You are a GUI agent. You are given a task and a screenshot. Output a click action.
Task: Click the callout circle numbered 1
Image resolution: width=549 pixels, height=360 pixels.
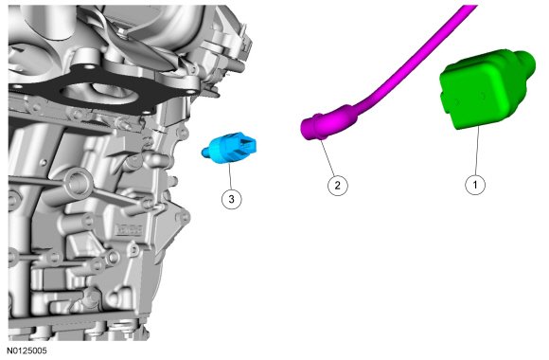(x=475, y=185)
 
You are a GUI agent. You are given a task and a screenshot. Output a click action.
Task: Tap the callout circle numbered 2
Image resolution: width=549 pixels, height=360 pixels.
(x=338, y=185)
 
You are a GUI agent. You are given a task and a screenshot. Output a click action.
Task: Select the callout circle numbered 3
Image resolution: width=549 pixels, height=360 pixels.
(x=232, y=199)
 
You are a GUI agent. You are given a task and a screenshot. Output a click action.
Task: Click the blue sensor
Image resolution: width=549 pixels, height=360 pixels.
(x=229, y=148)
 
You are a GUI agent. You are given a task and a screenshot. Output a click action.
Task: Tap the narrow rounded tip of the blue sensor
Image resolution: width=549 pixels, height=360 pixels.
(x=205, y=153)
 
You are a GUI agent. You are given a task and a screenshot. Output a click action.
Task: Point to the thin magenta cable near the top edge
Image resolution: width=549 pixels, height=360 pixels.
(x=420, y=56)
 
